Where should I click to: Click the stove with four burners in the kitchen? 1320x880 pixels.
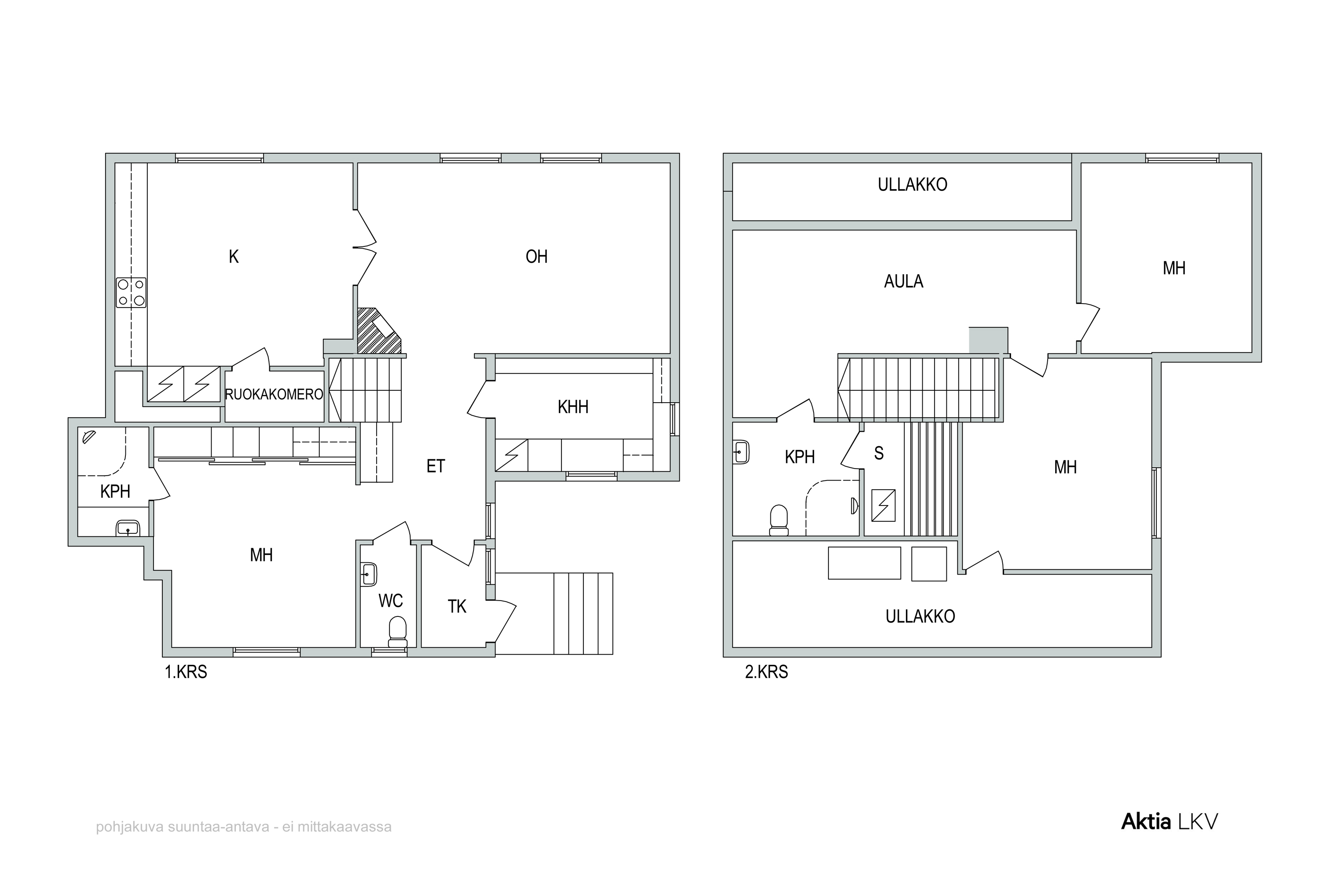131,293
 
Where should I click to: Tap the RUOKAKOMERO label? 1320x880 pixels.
274,395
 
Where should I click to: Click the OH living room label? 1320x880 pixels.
536,257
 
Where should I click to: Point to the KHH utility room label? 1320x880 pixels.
573,407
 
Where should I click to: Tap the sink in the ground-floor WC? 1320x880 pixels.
368,574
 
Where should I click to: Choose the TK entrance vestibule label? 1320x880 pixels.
458,606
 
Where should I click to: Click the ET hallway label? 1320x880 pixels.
436,466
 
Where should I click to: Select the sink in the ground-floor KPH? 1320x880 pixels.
128,528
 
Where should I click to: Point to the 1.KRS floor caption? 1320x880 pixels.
186,672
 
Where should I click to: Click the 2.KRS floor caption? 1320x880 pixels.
766,672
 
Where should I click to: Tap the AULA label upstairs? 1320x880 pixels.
904,281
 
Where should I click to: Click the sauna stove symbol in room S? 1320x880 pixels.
884,505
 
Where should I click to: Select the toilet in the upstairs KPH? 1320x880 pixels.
778,520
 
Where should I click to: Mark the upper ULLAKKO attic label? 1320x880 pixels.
913,185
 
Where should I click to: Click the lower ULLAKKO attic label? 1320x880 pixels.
920,616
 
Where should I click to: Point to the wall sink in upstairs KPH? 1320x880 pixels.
741,451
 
